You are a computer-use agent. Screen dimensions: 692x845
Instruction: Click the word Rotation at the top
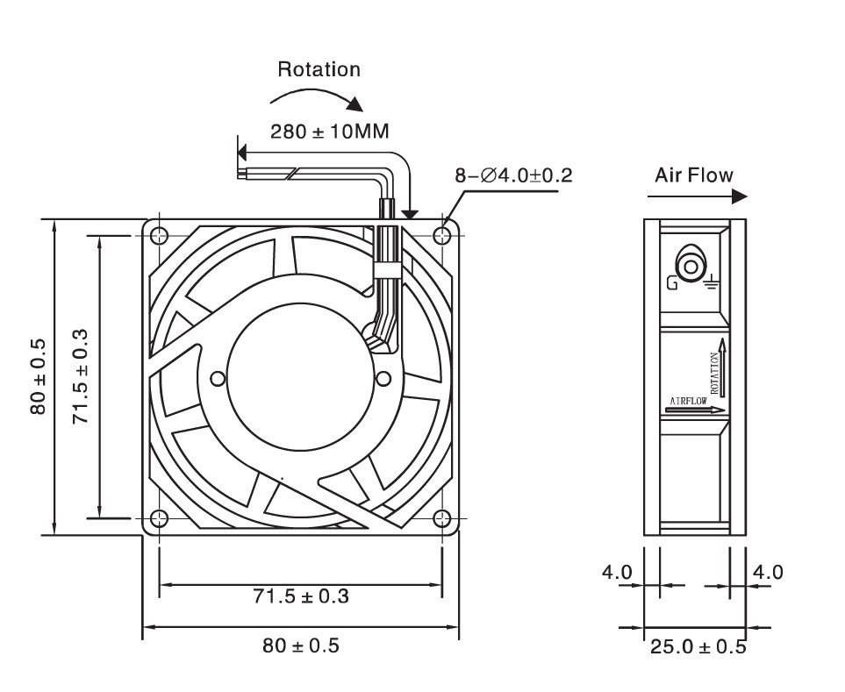319,69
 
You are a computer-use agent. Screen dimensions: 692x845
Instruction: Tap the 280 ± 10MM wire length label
329,132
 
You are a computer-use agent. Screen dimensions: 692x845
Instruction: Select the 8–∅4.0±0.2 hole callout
513,175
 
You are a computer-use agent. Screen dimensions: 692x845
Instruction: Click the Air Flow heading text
693,175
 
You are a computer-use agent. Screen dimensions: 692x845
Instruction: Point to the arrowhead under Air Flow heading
739,197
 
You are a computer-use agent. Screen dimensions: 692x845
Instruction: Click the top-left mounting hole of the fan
159,236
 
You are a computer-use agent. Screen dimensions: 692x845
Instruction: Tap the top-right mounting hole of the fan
443,236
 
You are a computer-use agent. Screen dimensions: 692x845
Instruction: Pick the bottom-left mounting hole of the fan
159,518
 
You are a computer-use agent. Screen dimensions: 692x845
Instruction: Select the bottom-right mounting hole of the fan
443,518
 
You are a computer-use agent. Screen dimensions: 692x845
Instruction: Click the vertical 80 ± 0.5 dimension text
37,376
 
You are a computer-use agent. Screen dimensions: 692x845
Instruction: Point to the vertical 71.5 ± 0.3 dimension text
81,376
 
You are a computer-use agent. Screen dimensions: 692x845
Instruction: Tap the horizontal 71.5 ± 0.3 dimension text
301,597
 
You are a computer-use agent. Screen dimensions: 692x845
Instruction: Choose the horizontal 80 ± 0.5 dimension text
301,646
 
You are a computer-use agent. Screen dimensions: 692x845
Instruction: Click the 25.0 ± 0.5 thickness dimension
698,647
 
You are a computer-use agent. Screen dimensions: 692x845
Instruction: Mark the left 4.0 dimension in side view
616,573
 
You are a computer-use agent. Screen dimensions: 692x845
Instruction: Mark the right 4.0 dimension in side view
769,573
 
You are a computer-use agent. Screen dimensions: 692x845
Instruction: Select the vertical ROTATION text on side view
714,373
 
